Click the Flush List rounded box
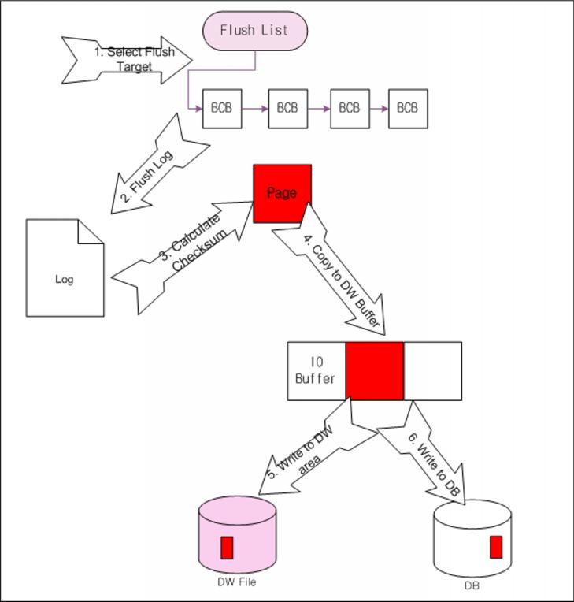(255, 31)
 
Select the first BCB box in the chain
(222, 108)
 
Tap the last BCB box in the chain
(408, 108)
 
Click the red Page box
(282, 193)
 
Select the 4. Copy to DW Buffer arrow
(331, 272)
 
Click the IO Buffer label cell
(316, 371)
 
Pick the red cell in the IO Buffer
(374, 371)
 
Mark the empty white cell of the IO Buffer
(432, 371)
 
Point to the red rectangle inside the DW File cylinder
(227, 548)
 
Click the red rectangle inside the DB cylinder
(496, 547)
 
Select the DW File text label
(236, 583)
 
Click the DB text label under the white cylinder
(472, 586)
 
